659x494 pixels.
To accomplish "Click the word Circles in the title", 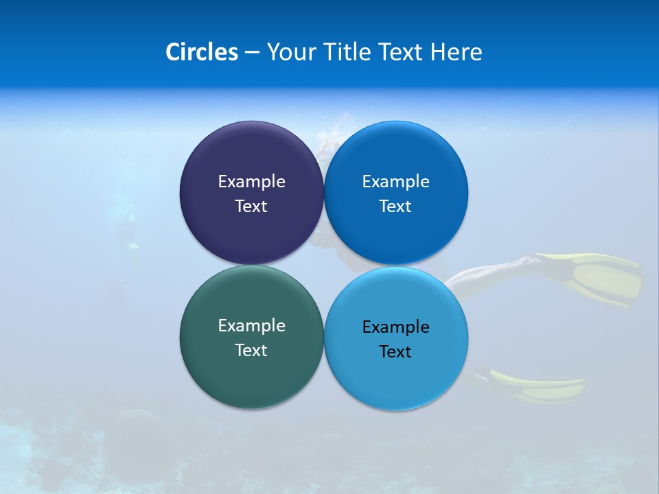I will [202, 52].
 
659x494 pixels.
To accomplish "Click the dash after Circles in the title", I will [252, 53].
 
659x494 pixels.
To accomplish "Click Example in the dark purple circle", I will [251, 181].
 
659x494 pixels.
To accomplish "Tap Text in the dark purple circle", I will [251, 206].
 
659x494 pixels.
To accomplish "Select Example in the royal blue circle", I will [395, 181].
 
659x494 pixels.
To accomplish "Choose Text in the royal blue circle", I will [395, 206].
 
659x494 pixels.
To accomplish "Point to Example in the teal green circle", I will [251, 325].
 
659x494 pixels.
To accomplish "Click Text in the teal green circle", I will [251, 350].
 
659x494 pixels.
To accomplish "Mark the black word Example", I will [395, 327].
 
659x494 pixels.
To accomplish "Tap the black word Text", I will [395, 351].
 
